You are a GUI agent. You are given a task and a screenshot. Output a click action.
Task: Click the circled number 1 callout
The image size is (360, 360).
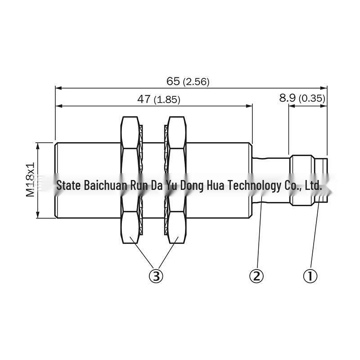(310, 276)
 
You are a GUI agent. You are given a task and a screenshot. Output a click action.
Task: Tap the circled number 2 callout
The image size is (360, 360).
(256, 276)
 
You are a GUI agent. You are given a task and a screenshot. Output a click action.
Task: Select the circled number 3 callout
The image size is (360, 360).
(156, 276)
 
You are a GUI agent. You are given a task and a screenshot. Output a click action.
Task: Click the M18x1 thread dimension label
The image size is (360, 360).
(30, 180)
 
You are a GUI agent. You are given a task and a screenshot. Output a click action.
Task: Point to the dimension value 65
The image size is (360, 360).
(173, 81)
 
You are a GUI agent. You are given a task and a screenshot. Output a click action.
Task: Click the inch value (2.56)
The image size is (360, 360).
(196, 82)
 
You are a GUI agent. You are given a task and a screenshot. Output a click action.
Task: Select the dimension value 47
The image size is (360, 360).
(144, 99)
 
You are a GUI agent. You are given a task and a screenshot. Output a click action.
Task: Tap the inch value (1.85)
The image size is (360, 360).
(167, 100)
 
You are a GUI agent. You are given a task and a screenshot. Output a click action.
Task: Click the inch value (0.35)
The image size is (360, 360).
(312, 99)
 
